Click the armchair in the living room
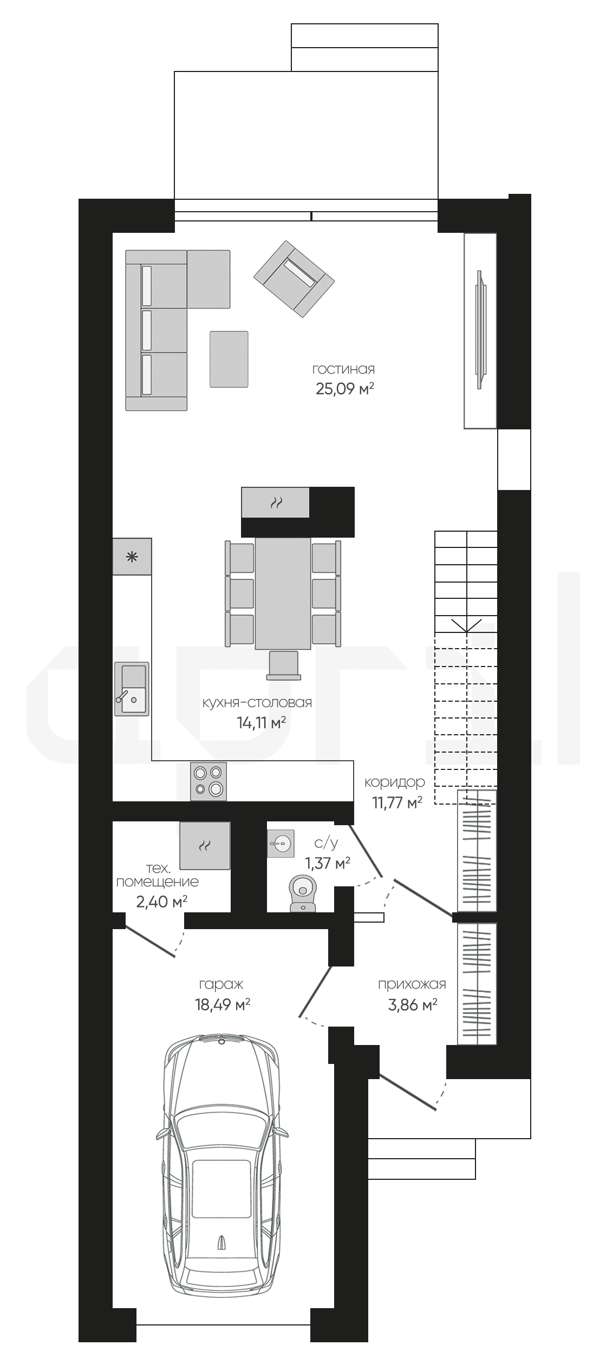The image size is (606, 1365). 294,279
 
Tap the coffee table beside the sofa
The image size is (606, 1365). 229,359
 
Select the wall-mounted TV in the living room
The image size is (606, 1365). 480,330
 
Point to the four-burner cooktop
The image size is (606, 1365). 208,781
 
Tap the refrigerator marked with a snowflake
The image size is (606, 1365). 132,557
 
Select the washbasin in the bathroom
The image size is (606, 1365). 281,843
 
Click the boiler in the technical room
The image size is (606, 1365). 205,845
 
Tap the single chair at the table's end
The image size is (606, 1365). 284,665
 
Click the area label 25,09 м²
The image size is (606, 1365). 345,389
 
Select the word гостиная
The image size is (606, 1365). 344,369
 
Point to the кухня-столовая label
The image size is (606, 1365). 257,703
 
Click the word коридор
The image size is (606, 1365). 394,782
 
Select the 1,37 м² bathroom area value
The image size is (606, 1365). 328,863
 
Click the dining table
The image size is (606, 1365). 283,593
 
